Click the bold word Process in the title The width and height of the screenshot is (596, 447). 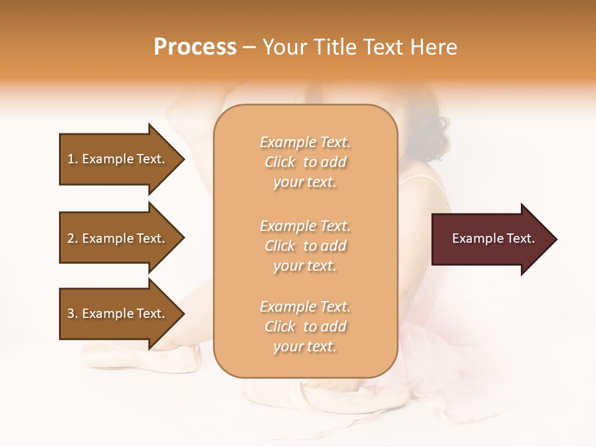click(195, 47)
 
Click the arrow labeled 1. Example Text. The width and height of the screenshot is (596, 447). click(118, 159)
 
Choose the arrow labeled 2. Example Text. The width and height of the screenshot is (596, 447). click(118, 238)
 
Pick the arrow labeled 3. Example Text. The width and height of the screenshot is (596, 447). click(118, 314)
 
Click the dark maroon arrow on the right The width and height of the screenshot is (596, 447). click(490, 239)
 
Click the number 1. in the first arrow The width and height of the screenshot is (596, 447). click(73, 159)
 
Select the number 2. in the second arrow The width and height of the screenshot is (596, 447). click(73, 238)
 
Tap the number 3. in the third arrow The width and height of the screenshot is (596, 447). click(73, 314)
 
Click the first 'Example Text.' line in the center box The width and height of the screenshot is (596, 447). click(305, 142)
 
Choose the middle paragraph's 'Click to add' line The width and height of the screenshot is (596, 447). click(305, 246)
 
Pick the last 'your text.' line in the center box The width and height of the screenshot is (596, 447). click(305, 346)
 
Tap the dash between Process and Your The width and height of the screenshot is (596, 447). click(250, 47)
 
